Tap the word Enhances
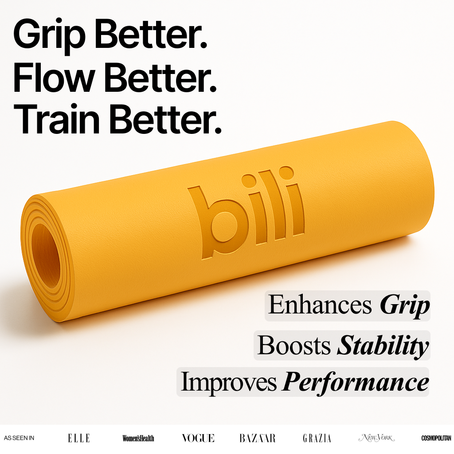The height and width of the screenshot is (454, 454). click(320, 305)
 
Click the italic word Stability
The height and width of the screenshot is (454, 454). click(383, 346)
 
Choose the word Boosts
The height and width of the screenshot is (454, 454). click(294, 345)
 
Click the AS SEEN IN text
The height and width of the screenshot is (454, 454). click(19, 438)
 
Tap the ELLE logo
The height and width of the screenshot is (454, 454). click(79, 438)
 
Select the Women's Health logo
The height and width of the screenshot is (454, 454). click(138, 438)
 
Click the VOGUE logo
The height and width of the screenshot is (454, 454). click(198, 438)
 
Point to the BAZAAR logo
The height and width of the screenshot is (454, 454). click(258, 438)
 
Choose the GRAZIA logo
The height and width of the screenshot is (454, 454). click(317, 438)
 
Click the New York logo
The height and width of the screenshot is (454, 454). click(376, 438)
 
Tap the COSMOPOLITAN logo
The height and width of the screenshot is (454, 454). click(436, 438)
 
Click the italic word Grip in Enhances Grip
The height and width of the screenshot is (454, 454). click(405, 306)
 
